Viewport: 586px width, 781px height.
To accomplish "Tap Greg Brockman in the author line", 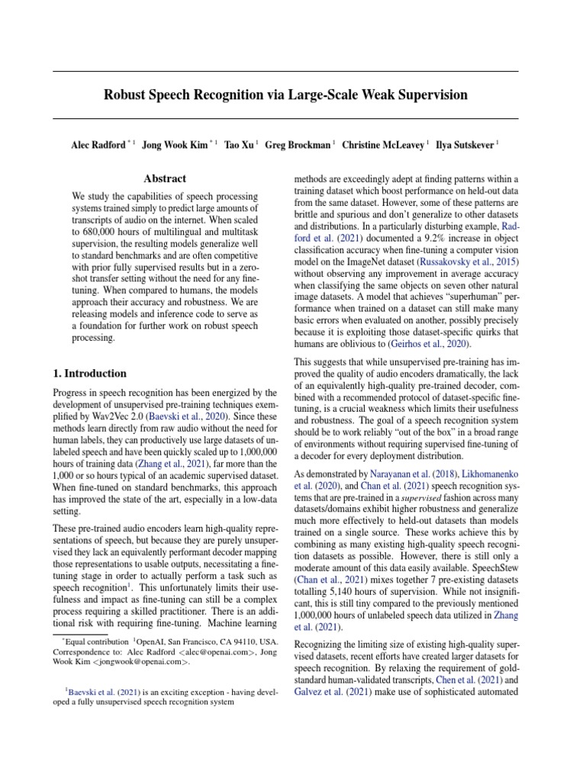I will pyautogui.click(x=298, y=144).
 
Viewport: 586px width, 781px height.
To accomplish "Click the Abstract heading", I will pyautogui.click(x=165, y=178).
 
